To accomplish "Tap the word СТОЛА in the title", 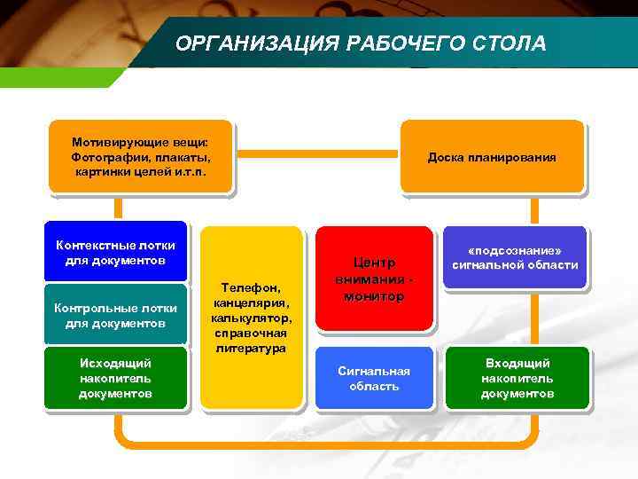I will [x=510, y=43].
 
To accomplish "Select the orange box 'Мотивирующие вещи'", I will [x=140, y=156].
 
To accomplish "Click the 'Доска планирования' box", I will [x=492, y=157].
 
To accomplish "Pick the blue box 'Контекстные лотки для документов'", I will [x=115, y=252].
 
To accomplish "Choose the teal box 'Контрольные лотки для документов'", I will [x=115, y=315].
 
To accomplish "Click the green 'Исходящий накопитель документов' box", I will [x=115, y=378].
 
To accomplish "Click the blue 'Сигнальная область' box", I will [x=374, y=379].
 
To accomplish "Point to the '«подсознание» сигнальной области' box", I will [x=515, y=257].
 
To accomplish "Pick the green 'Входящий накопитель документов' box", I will [x=517, y=378].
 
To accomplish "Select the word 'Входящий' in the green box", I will [x=517, y=363].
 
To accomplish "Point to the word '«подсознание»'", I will [x=515, y=250].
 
